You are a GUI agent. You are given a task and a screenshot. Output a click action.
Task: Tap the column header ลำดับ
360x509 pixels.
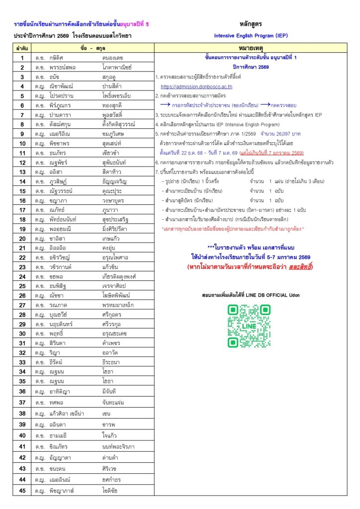pyautogui.click(x=22, y=49)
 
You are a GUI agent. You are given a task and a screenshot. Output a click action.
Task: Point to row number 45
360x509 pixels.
pyautogui.click(x=22, y=491)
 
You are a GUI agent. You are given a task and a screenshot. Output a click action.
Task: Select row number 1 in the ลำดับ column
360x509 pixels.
pyautogui.click(x=22, y=58)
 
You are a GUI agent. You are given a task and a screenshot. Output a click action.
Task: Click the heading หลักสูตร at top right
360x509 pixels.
pyautogui.click(x=251, y=24)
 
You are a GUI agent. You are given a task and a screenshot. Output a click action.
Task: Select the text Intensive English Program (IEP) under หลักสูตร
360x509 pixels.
pyautogui.click(x=251, y=36)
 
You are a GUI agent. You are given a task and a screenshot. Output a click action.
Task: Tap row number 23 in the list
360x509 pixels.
pyautogui.click(x=22, y=266)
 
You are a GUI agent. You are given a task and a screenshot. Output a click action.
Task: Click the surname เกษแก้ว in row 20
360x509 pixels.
pyautogui.click(x=111, y=239)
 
